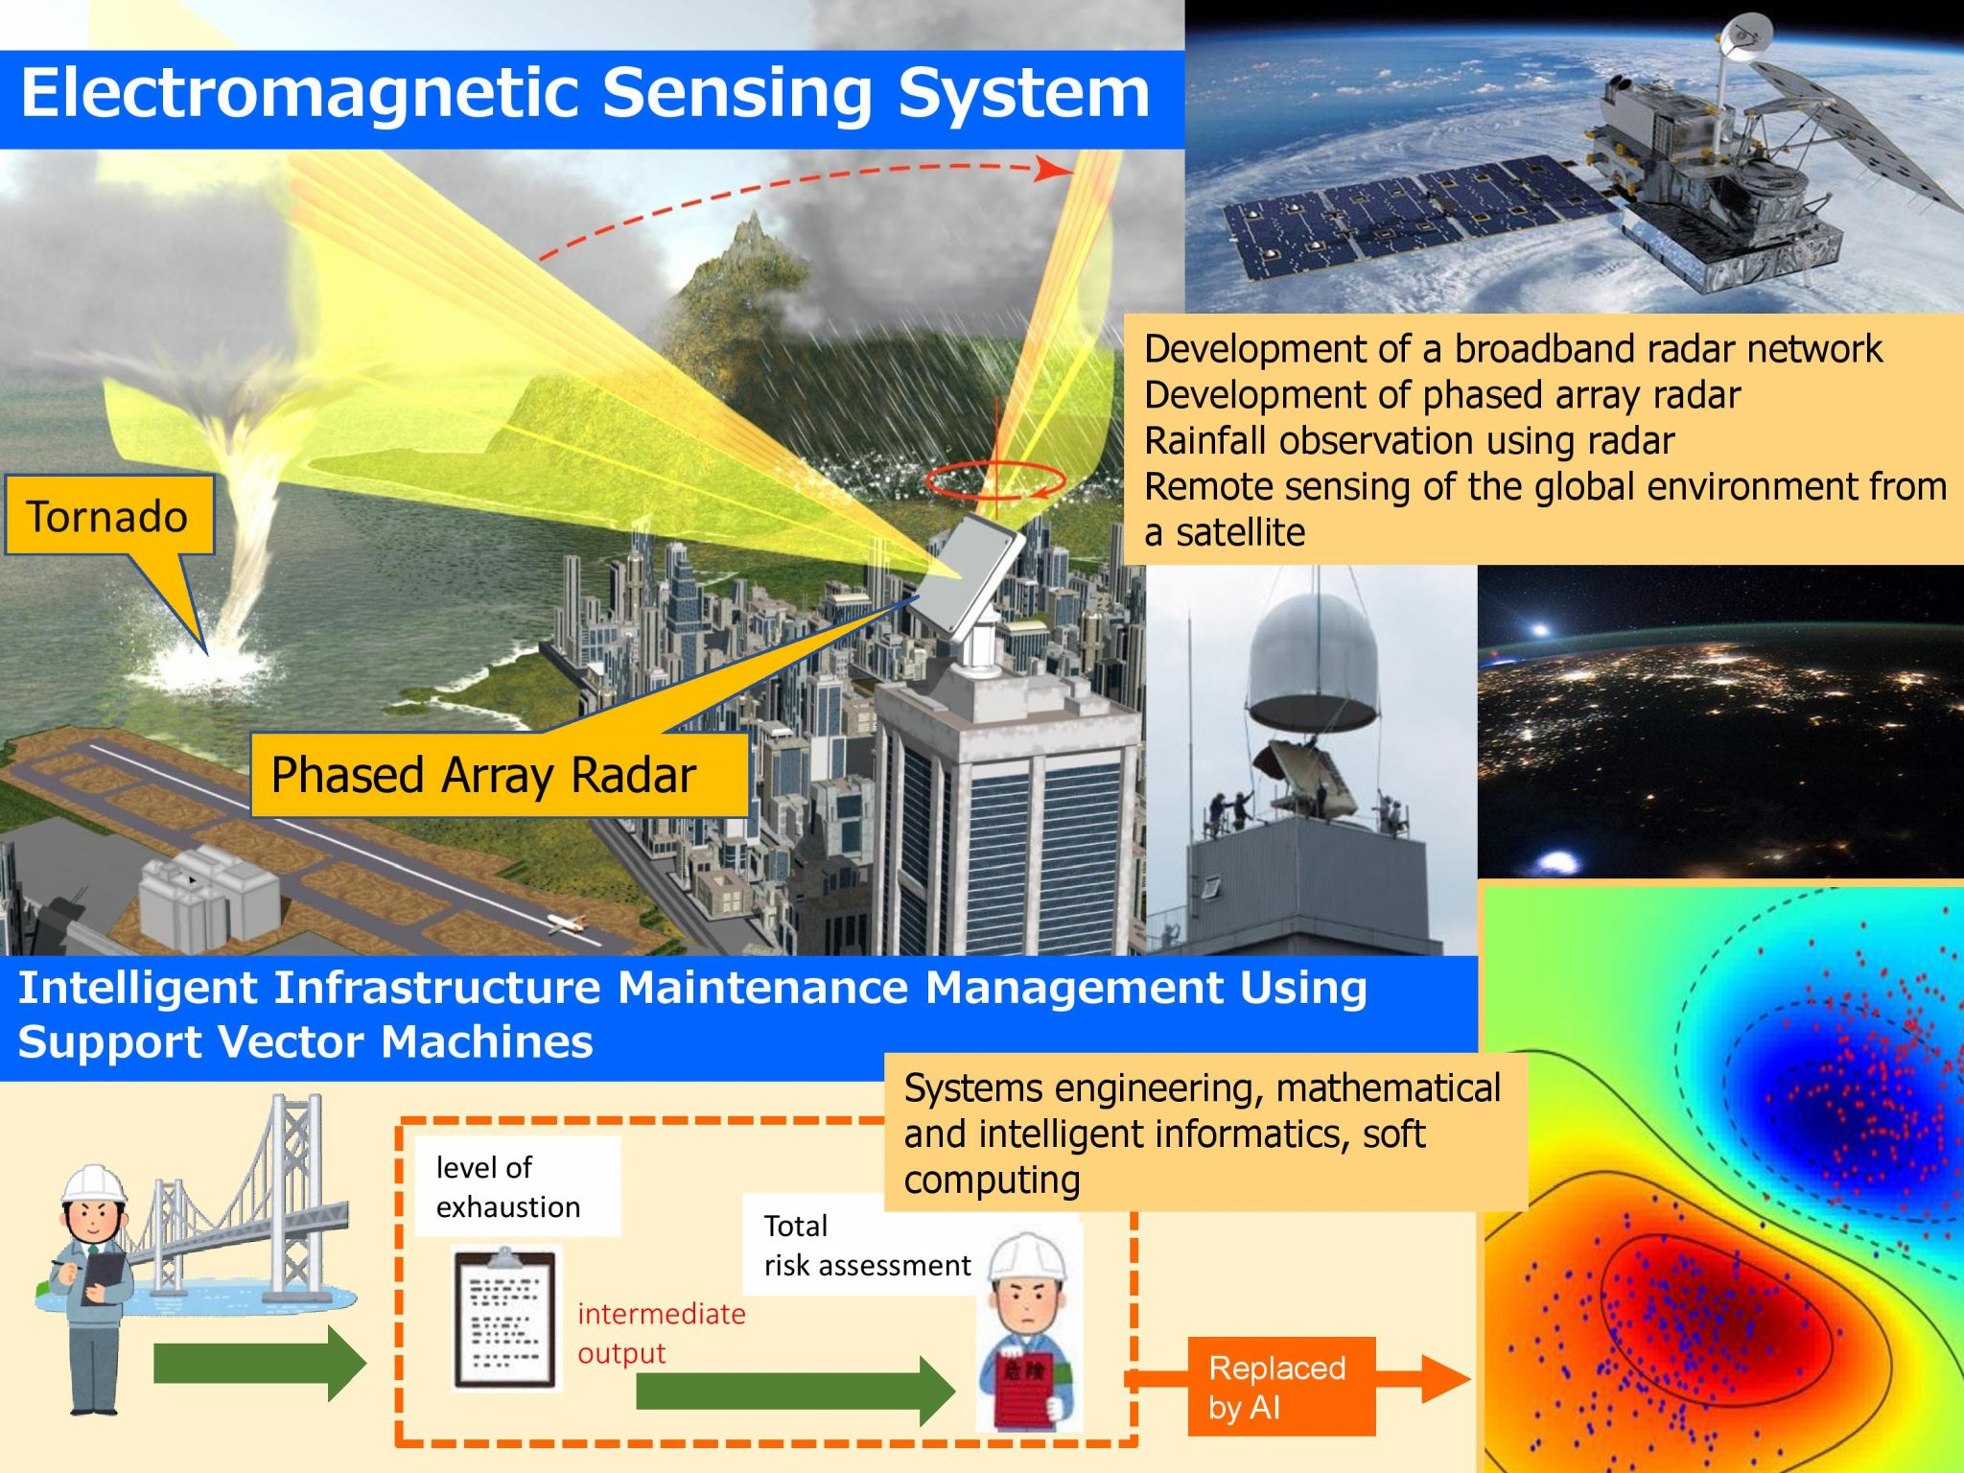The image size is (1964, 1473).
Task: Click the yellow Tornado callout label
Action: [108, 515]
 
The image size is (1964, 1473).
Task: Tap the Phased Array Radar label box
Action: [499, 775]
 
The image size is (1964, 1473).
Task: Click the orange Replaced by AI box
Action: [1281, 1387]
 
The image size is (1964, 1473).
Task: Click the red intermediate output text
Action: [661, 1333]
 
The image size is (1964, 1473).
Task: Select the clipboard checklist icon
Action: [505, 1318]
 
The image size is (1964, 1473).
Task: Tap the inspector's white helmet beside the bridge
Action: [94, 1184]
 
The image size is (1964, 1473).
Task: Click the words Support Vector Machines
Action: [305, 1041]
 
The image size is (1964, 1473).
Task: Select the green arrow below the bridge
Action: [260, 1363]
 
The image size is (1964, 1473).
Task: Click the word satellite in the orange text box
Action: [1241, 532]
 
